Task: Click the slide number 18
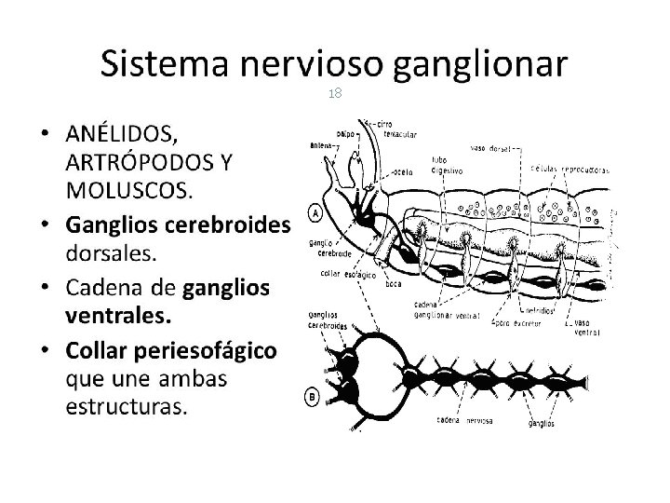click(334, 94)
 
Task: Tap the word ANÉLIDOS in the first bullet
click(127, 136)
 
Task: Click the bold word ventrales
click(118, 316)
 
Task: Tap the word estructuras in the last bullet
click(126, 406)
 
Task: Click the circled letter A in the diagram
click(315, 212)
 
